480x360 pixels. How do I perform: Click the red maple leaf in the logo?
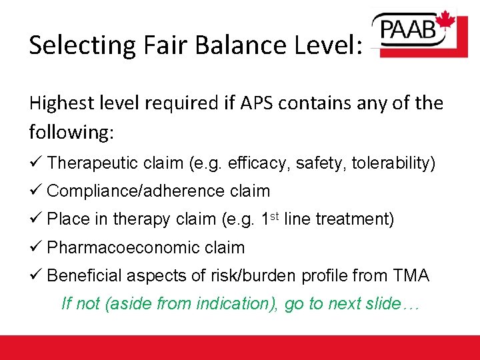click(445, 23)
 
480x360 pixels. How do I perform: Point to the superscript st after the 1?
click(272, 215)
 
